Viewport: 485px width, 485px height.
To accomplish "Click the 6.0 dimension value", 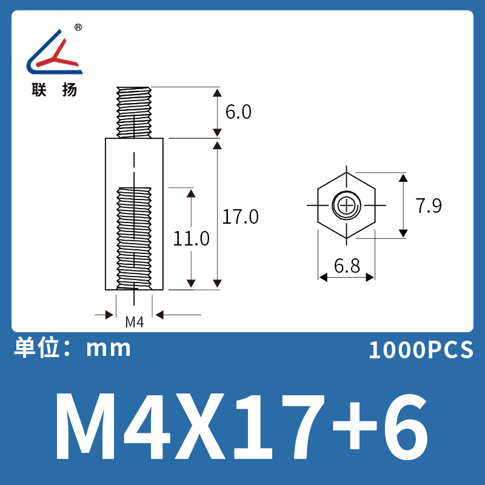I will [x=238, y=112].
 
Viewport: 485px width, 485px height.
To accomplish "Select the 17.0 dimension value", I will [x=240, y=216].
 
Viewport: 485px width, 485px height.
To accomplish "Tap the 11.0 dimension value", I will [x=191, y=238].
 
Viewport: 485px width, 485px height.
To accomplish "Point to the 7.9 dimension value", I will [x=429, y=206].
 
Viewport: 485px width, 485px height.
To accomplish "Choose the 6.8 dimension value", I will [x=346, y=266].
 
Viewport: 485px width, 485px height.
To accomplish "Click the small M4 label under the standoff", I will [x=134, y=322].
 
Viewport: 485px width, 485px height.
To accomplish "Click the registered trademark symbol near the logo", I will [x=78, y=27].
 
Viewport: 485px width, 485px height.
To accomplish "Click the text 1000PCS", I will [x=421, y=350].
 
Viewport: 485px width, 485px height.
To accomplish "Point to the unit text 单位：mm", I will [x=72, y=348].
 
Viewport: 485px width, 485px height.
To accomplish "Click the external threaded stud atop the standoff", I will [x=134, y=112].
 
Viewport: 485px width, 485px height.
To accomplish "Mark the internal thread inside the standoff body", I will [x=134, y=236].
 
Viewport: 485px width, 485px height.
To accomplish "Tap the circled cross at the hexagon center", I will [x=347, y=206].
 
